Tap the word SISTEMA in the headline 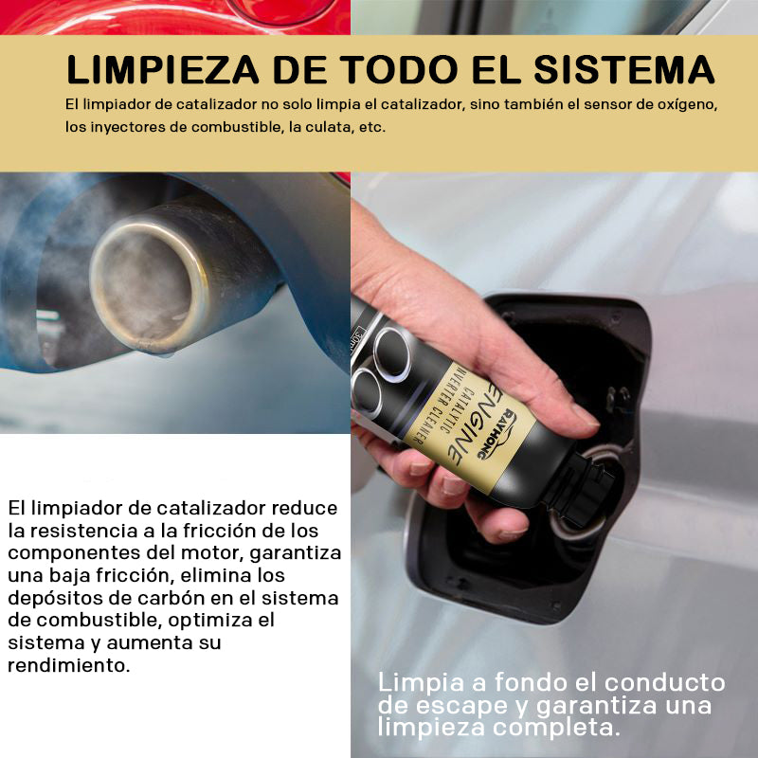click(624, 70)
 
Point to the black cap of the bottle click(584, 487)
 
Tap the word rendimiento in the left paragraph click(69, 665)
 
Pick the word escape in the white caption click(461, 705)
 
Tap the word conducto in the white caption click(665, 682)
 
